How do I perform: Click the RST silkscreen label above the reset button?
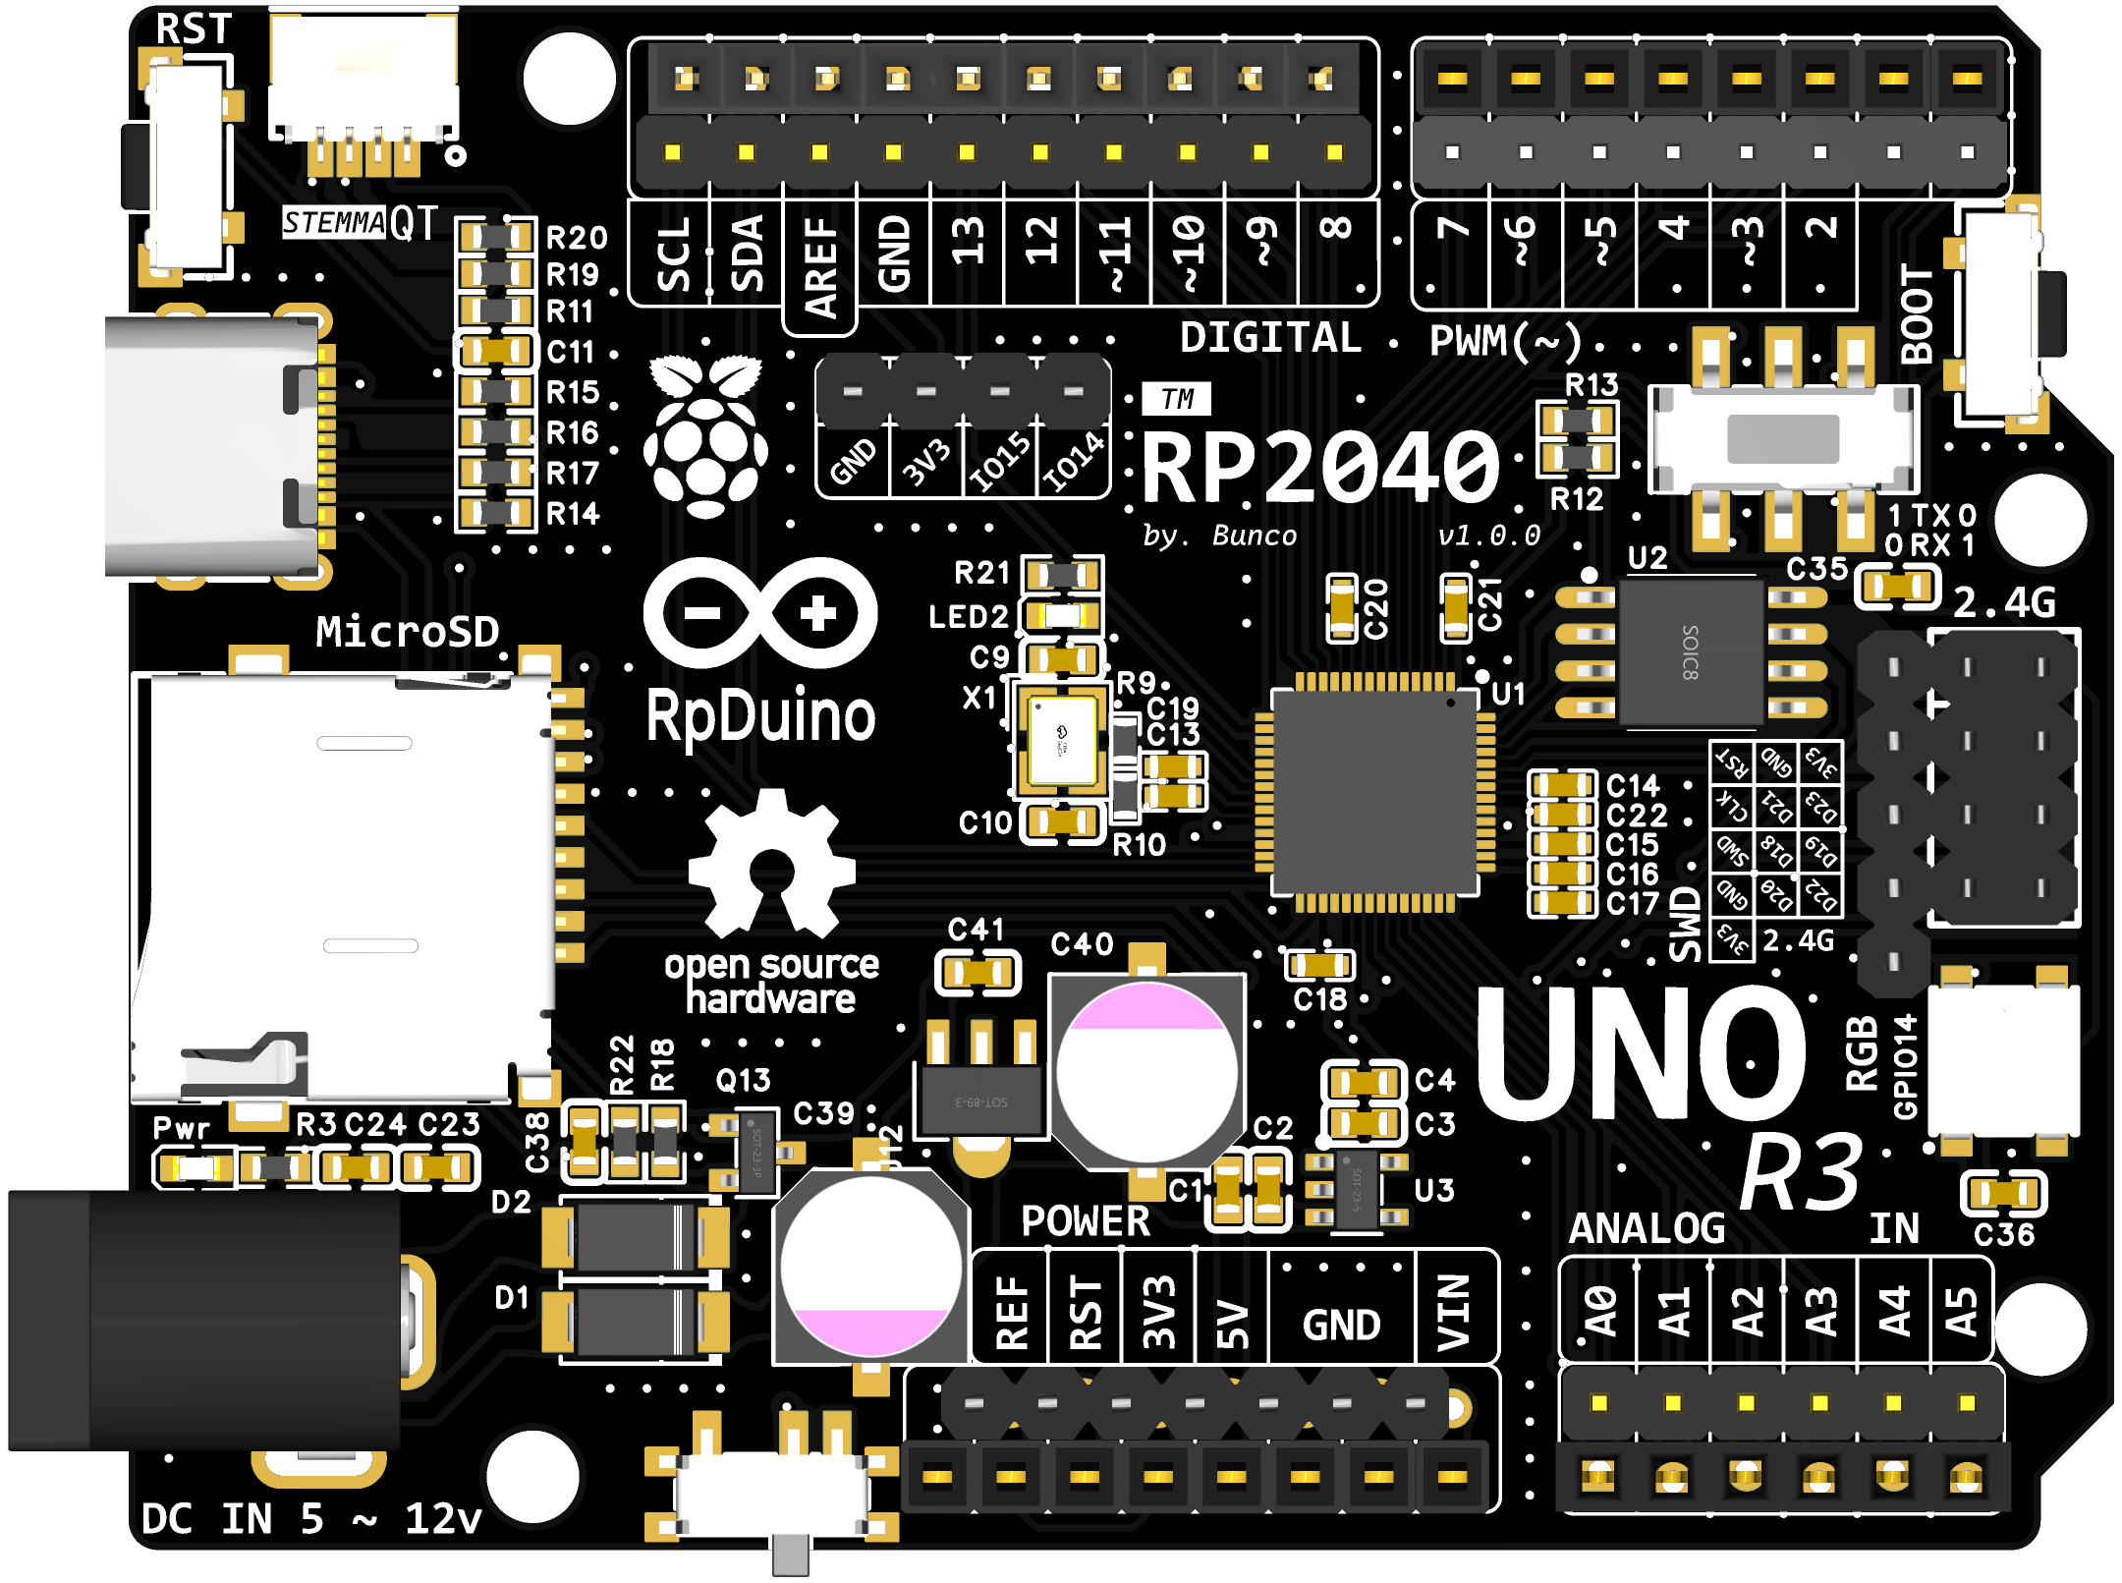(194, 28)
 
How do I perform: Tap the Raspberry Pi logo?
(705, 436)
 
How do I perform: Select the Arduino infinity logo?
(760, 613)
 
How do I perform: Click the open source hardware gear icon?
(772, 865)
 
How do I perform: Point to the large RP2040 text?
(1320, 468)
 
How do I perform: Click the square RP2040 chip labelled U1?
(1374, 792)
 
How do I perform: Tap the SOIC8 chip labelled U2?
(1691, 651)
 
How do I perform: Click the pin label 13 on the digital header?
(968, 241)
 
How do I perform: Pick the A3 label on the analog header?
(1820, 1312)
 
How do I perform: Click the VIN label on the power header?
(1454, 1312)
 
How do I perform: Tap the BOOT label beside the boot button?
(1917, 313)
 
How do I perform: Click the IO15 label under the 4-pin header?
(1000, 461)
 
